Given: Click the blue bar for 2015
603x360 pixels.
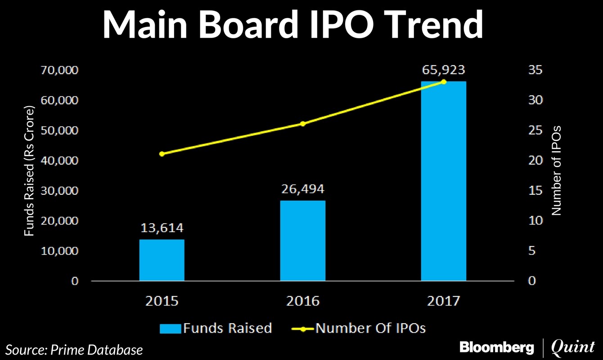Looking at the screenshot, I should [162, 260].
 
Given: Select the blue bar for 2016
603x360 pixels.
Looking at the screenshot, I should [302, 241].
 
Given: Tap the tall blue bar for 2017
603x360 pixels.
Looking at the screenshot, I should [443, 181].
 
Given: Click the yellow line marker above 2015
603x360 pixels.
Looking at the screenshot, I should [162, 154].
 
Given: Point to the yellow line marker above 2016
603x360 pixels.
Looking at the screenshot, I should [302, 123].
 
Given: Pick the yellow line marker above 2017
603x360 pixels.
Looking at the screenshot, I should [444, 81].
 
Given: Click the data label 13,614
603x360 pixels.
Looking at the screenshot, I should [162, 229].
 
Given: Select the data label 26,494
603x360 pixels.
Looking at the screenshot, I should [303, 189].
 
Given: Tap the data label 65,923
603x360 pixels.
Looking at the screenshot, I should [444, 70].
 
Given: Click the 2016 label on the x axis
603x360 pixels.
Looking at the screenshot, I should [302, 301].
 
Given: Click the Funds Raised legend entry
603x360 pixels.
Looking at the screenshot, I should [216, 328].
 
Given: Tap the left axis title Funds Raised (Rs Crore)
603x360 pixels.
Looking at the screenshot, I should [29, 171].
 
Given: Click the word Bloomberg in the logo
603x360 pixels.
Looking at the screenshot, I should [496, 347].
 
